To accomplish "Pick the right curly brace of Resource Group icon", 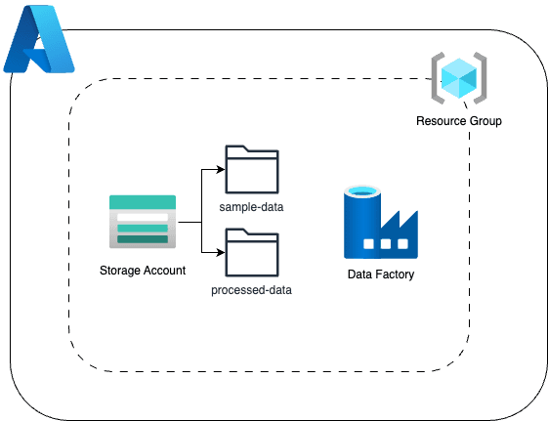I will (481, 79).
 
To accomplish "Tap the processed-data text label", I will (251, 290).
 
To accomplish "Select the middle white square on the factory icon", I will (387, 244).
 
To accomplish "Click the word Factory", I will (395, 274).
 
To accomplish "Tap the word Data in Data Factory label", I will (360, 274).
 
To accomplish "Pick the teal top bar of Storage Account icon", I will (143, 201).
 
